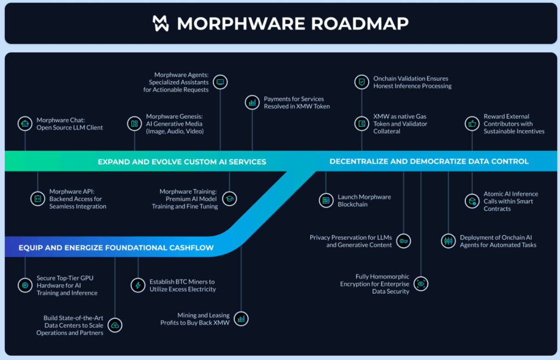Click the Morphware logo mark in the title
[x=162, y=23]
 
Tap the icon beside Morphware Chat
[x=25, y=124]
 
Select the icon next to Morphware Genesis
[x=134, y=124]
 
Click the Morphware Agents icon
[x=220, y=82]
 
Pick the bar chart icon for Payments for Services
[x=252, y=102]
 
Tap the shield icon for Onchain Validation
[x=361, y=82]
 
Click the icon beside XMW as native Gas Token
[x=361, y=124]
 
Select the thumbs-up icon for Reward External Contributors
[x=472, y=124]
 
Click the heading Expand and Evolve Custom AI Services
[x=182, y=161]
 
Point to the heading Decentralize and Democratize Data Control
[x=429, y=161]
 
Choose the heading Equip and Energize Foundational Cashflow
[x=116, y=248]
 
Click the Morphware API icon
[x=38, y=199]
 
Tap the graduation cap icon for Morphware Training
[x=230, y=199]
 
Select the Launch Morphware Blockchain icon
[x=326, y=200]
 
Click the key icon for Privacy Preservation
[x=404, y=241]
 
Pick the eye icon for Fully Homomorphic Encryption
[x=421, y=283]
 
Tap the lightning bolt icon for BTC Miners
[x=138, y=285]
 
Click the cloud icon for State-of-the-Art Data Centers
[x=115, y=325]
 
